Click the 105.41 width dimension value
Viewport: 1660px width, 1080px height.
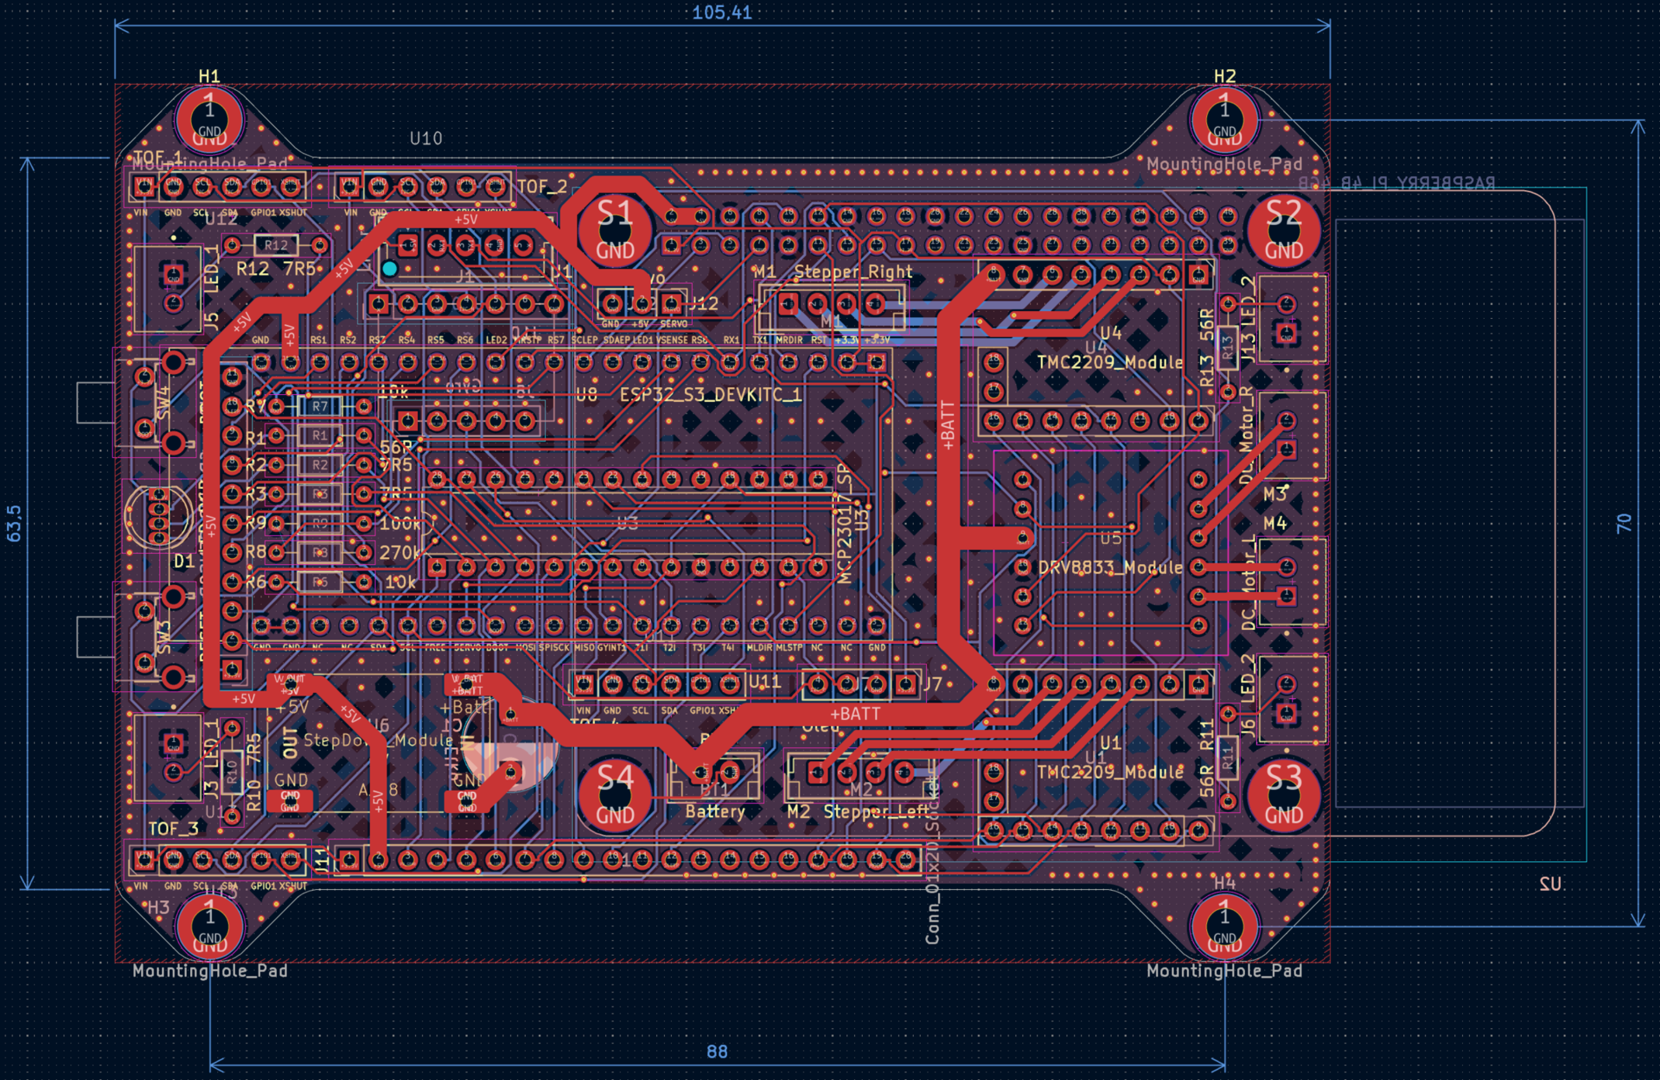721,12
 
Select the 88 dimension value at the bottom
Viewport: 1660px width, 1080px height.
717,1051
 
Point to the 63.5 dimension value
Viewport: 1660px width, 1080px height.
15,523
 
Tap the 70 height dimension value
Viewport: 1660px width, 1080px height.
1624,523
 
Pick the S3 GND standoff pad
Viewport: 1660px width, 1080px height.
1283,794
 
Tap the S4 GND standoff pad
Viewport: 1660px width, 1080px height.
615,794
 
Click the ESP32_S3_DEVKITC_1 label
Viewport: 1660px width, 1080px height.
710,395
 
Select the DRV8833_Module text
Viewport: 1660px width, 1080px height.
1110,567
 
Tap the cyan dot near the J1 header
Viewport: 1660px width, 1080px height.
389,268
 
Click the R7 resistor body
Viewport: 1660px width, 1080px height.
320,406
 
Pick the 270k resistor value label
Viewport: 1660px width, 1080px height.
399,552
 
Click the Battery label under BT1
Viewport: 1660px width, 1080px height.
714,812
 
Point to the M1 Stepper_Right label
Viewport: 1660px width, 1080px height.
832,272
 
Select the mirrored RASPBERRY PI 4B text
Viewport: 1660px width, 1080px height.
1396,183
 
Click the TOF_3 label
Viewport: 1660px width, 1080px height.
173,829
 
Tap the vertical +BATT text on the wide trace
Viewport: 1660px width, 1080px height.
947,425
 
